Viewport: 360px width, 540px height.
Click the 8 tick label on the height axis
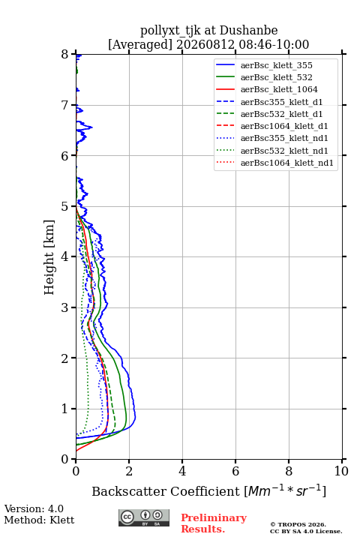(x=65, y=54)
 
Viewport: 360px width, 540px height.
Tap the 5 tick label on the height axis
(x=65, y=206)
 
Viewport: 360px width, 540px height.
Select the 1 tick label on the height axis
(x=65, y=409)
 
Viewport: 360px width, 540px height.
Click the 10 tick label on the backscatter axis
(x=341, y=471)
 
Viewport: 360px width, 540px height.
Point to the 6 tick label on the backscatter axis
(x=235, y=471)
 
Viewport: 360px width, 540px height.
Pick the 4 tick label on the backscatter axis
(x=182, y=471)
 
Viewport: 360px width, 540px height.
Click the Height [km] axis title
(x=49, y=257)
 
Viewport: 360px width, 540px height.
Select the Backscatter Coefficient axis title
(x=209, y=490)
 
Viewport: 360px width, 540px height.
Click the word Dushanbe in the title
(x=248, y=31)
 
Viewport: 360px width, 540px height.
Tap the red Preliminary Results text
(x=214, y=523)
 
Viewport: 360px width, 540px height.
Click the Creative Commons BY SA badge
(x=144, y=517)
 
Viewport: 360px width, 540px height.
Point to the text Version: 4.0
(x=34, y=508)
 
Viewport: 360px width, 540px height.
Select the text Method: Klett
(x=39, y=520)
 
